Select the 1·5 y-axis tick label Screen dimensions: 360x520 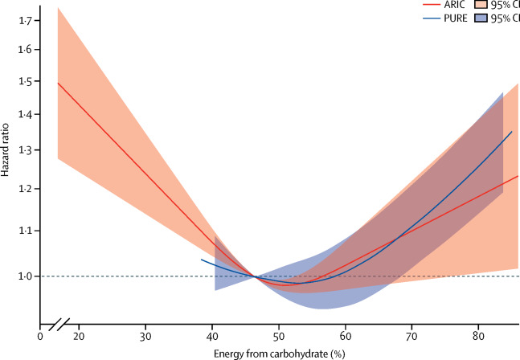point(25,81)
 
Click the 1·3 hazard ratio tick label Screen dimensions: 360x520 point(25,151)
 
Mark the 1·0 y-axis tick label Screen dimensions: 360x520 point(25,276)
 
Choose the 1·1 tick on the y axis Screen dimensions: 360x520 point(25,231)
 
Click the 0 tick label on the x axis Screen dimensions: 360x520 point(40,336)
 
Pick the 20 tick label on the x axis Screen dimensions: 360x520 point(80,336)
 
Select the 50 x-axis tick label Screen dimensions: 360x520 point(278,336)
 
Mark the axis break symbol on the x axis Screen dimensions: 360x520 point(59,326)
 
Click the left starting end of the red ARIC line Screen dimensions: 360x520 point(59,83)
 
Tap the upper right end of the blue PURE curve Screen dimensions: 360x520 point(511,132)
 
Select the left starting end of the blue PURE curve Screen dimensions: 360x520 point(201,260)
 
